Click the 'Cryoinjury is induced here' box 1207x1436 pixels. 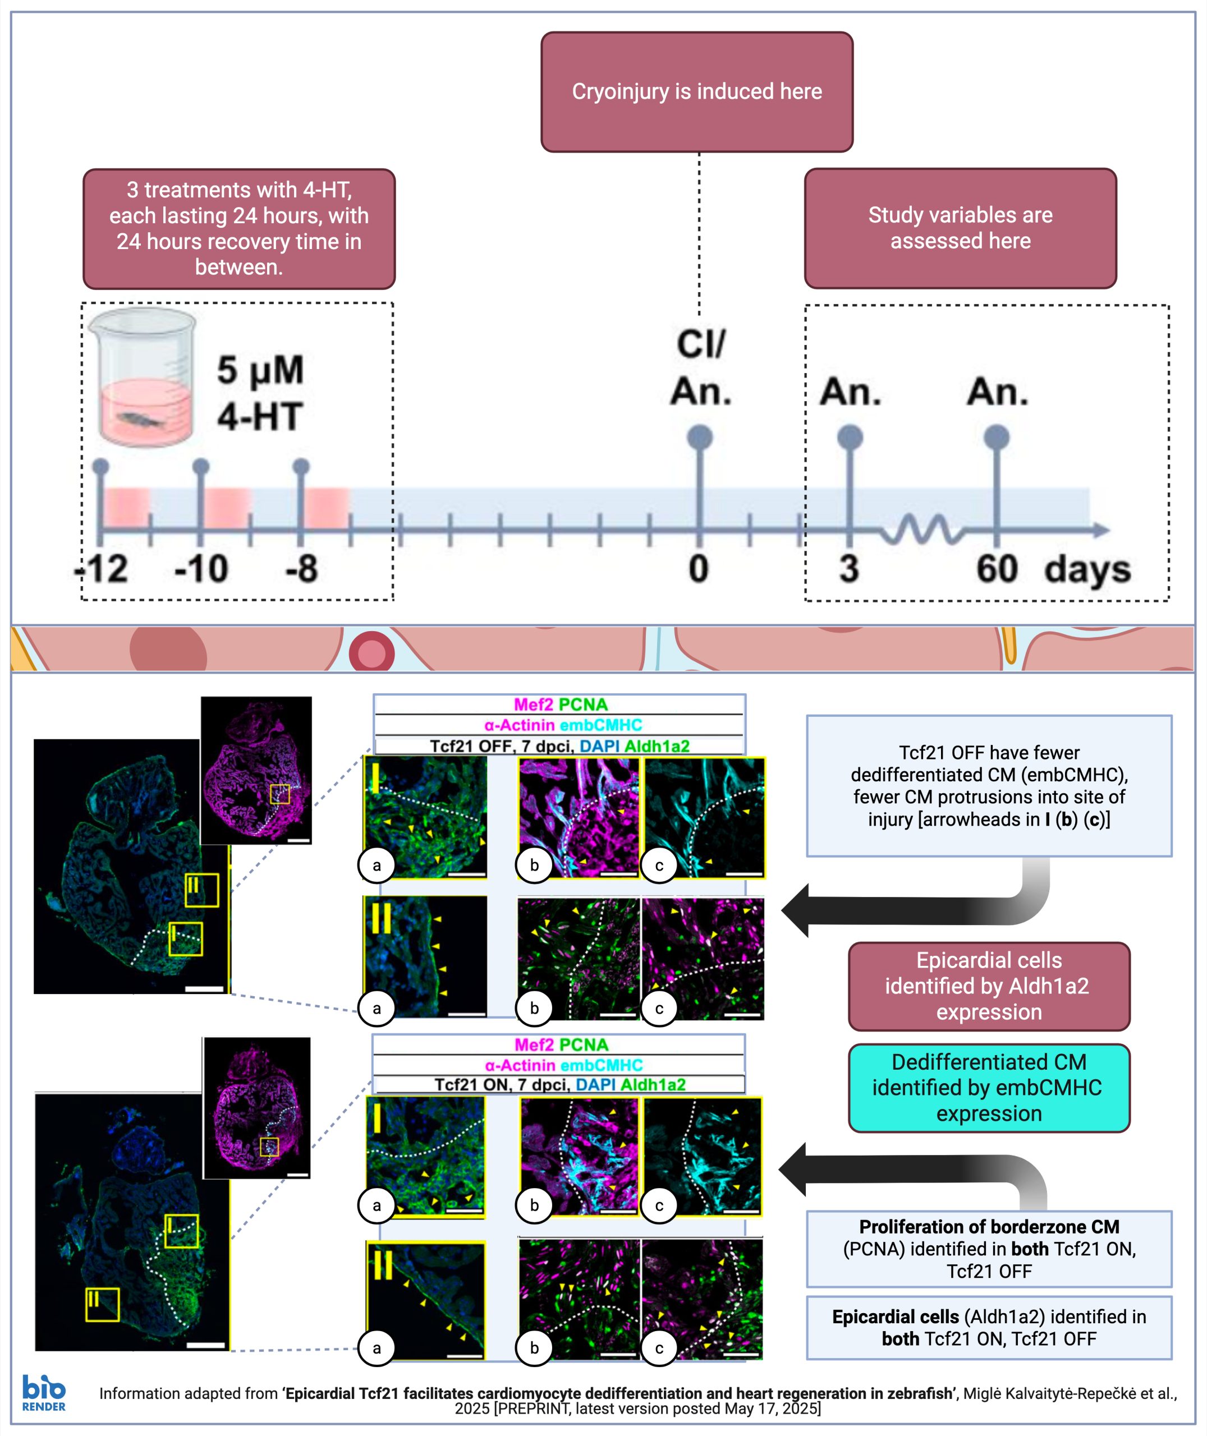coord(696,91)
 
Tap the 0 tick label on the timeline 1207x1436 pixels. coord(699,569)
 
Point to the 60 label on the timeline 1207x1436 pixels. coord(996,569)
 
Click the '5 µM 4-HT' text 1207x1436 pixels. coord(260,393)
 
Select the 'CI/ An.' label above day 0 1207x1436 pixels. coord(701,367)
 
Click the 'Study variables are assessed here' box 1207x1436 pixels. coord(960,228)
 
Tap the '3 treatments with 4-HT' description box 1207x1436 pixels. coord(239,228)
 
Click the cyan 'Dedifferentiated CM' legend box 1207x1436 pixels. coord(989,1087)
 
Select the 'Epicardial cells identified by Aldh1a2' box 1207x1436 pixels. coord(989,986)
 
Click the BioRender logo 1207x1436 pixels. coord(44,1393)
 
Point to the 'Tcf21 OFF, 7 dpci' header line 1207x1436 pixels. coord(559,746)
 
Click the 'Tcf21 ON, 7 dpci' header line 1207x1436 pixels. coord(559,1084)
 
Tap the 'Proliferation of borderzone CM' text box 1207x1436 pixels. coord(989,1249)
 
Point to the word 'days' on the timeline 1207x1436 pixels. coord(1086,569)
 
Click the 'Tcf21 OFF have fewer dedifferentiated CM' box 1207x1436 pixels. coord(989,786)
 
